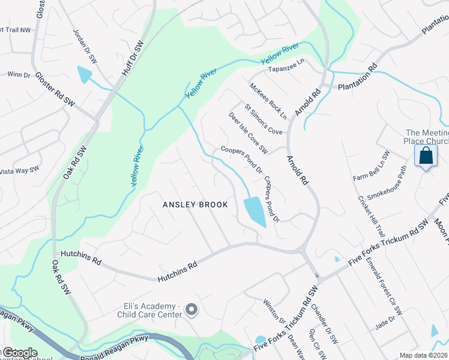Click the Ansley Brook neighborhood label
tap(196, 205)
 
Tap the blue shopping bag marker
tap(426, 156)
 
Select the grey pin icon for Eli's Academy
tap(191, 310)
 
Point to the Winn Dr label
tap(18, 75)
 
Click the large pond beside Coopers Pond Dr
tap(255, 212)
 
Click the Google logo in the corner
tap(20, 353)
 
